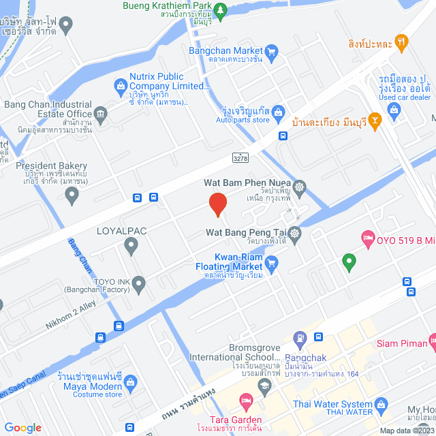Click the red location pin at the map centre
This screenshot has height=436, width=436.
point(217,204)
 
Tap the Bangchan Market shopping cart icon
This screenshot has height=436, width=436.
point(272,50)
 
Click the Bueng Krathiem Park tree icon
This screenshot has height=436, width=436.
point(220,10)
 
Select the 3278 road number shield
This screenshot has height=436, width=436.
point(240,158)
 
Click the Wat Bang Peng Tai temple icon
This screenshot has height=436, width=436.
point(294,233)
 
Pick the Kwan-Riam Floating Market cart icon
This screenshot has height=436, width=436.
point(271,262)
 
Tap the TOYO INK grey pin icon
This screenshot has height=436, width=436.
point(139,284)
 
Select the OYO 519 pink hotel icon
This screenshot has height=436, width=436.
point(367,237)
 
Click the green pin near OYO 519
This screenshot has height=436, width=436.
point(349,261)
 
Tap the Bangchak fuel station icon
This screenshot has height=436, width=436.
point(299,337)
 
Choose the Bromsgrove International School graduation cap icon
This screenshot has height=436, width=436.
point(266,386)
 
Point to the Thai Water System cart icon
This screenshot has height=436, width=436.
point(381,406)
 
